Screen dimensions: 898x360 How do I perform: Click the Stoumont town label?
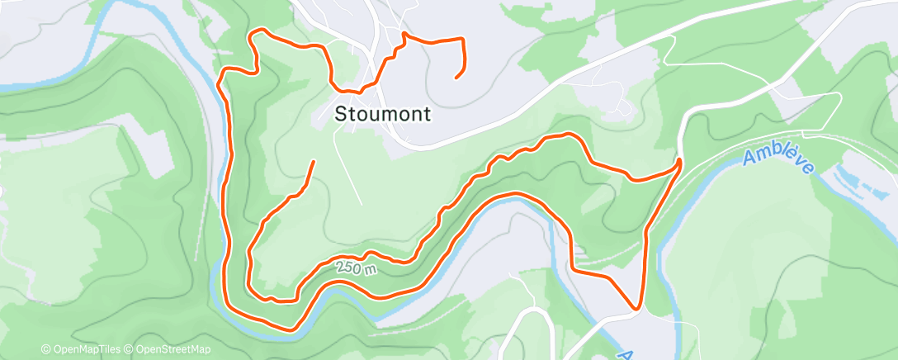tap(383, 115)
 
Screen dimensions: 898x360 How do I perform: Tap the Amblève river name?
tap(777, 161)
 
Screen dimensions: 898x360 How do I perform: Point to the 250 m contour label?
tap(357, 269)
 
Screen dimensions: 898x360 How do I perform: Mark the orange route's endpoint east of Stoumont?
tap(456, 78)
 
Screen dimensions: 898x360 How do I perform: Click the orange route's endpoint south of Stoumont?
tap(313, 161)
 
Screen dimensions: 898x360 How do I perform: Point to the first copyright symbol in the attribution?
tap(45, 350)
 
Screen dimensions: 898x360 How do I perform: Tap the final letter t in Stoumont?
tap(426, 115)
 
